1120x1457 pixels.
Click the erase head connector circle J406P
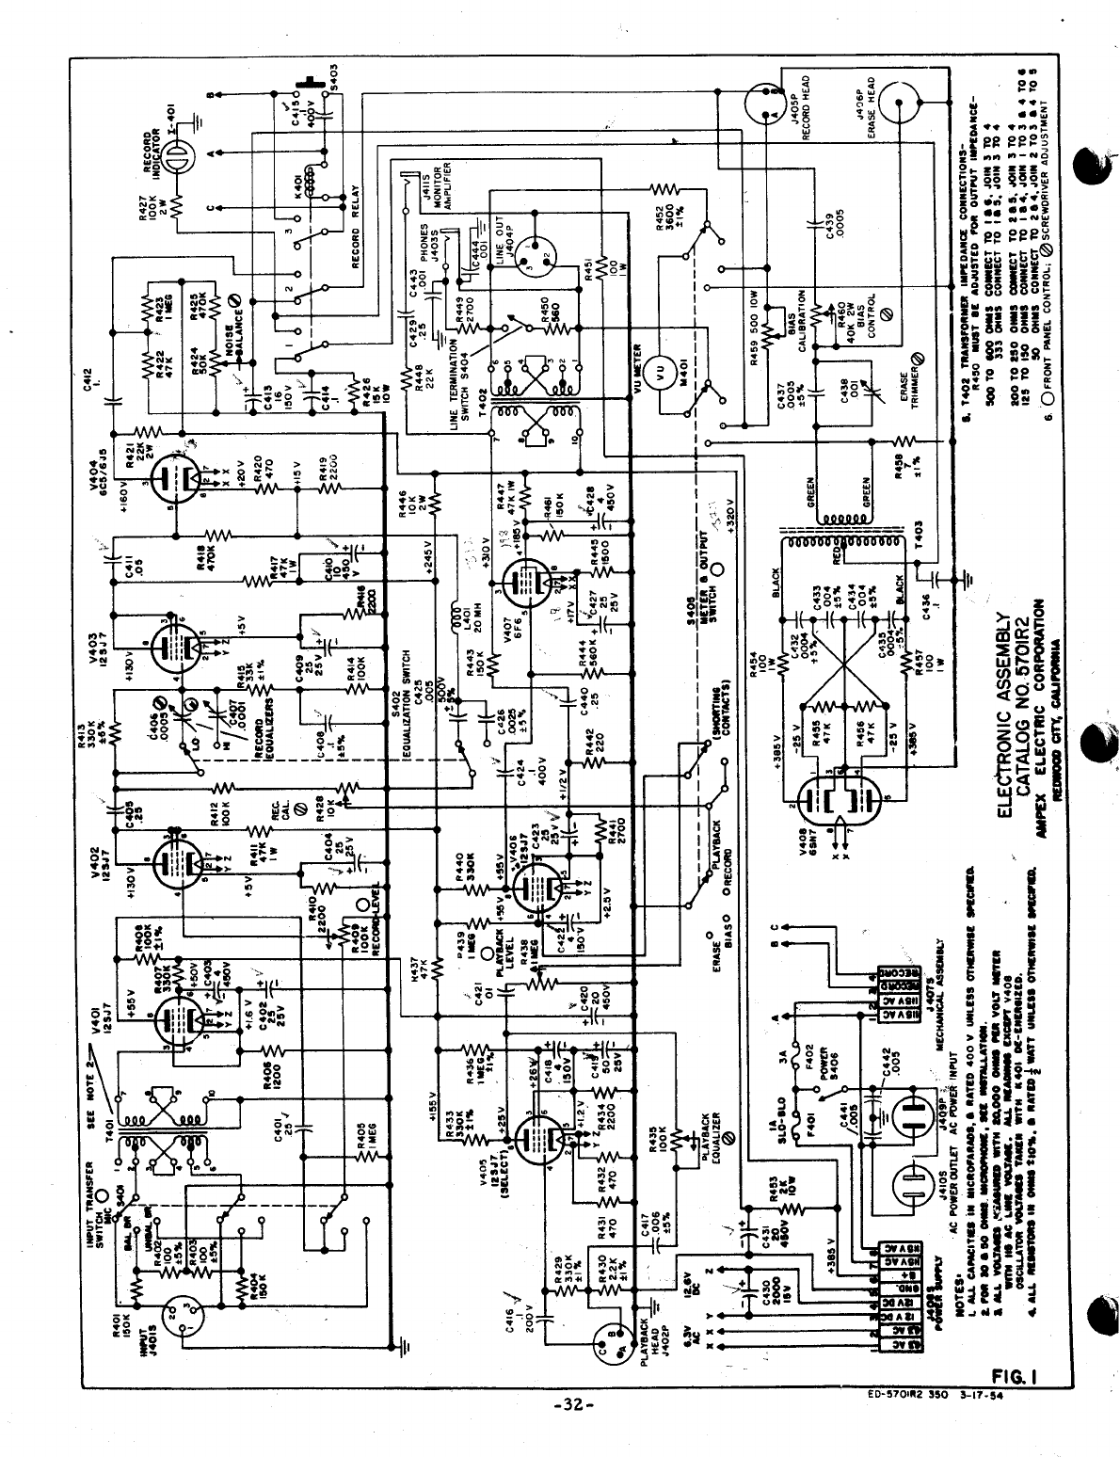point(899,103)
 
